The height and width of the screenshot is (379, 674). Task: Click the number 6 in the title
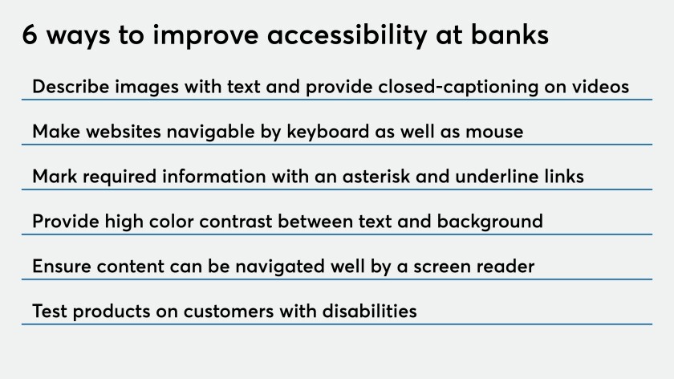(30, 35)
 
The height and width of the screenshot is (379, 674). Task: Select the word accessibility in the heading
(347, 35)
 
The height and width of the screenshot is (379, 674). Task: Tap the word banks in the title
(510, 34)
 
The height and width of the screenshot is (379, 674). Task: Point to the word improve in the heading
(205, 35)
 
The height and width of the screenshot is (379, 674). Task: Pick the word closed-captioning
(458, 87)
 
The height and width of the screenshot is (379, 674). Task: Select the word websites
(124, 132)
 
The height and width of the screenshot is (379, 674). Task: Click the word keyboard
(328, 132)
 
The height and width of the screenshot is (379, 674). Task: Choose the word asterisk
(376, 177)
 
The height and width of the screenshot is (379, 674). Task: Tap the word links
(564, 177)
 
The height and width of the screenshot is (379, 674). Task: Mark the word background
(490, 222)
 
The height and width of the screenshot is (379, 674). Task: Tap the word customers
(229, 312)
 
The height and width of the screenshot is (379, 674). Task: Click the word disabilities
(370, 311)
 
